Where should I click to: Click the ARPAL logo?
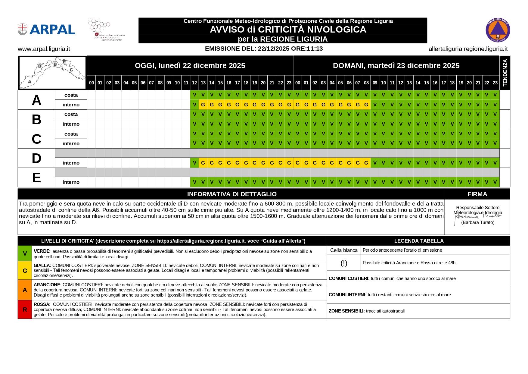pos(46,29)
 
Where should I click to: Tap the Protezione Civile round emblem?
pos(498,30)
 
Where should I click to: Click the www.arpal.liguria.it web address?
pos(44,49)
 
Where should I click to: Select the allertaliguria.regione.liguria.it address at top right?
pos(468,49)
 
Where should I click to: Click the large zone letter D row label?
pos(36,158)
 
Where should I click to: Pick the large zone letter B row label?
pos(36,119)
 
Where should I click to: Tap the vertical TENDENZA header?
pos(505,73)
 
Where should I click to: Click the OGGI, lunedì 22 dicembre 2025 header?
pos(190,65)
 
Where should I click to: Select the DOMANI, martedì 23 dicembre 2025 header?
pos(396,65)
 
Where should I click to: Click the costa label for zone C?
pos(71,134)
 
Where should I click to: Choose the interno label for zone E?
pos(71,182)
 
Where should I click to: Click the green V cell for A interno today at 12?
pos(194,105)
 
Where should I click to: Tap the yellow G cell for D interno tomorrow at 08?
pos(366,163)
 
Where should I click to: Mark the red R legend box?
pos(25,310)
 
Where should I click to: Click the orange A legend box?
pos(25,290)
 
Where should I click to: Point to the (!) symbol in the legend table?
pos(344,263)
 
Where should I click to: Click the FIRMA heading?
pos(477,194)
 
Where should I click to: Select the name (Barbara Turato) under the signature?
pos(478,222)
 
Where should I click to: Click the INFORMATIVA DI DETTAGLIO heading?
pos(232,194)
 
